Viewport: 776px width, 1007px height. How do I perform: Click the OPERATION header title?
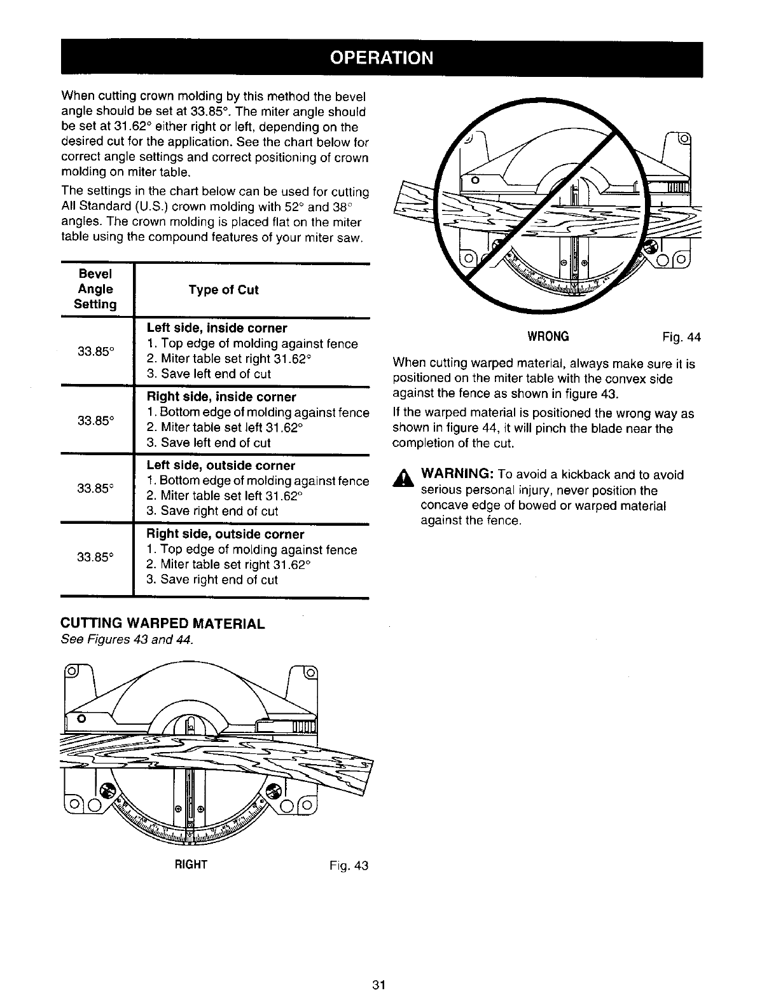point(381,58)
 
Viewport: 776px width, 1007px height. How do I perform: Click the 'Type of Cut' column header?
point(223,290)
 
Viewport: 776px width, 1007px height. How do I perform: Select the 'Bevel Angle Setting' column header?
point(95,289)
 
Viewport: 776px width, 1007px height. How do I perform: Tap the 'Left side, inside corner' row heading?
point(217,328)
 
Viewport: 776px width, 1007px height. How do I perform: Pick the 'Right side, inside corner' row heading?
point(221,397)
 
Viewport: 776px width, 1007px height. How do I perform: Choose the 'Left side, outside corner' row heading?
point(221,465)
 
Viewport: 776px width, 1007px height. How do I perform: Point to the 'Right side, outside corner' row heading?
point(225,534)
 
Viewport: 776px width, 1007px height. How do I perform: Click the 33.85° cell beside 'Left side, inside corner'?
point(95,351)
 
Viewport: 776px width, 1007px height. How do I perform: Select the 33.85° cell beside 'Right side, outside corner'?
point(95,558)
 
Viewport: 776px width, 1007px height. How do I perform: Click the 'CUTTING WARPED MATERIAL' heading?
point(162,624)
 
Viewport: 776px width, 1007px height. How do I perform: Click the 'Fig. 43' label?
point(349,865)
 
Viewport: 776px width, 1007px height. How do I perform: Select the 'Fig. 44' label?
point(681,337)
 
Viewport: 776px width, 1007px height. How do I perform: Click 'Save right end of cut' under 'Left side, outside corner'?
point(218,511)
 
